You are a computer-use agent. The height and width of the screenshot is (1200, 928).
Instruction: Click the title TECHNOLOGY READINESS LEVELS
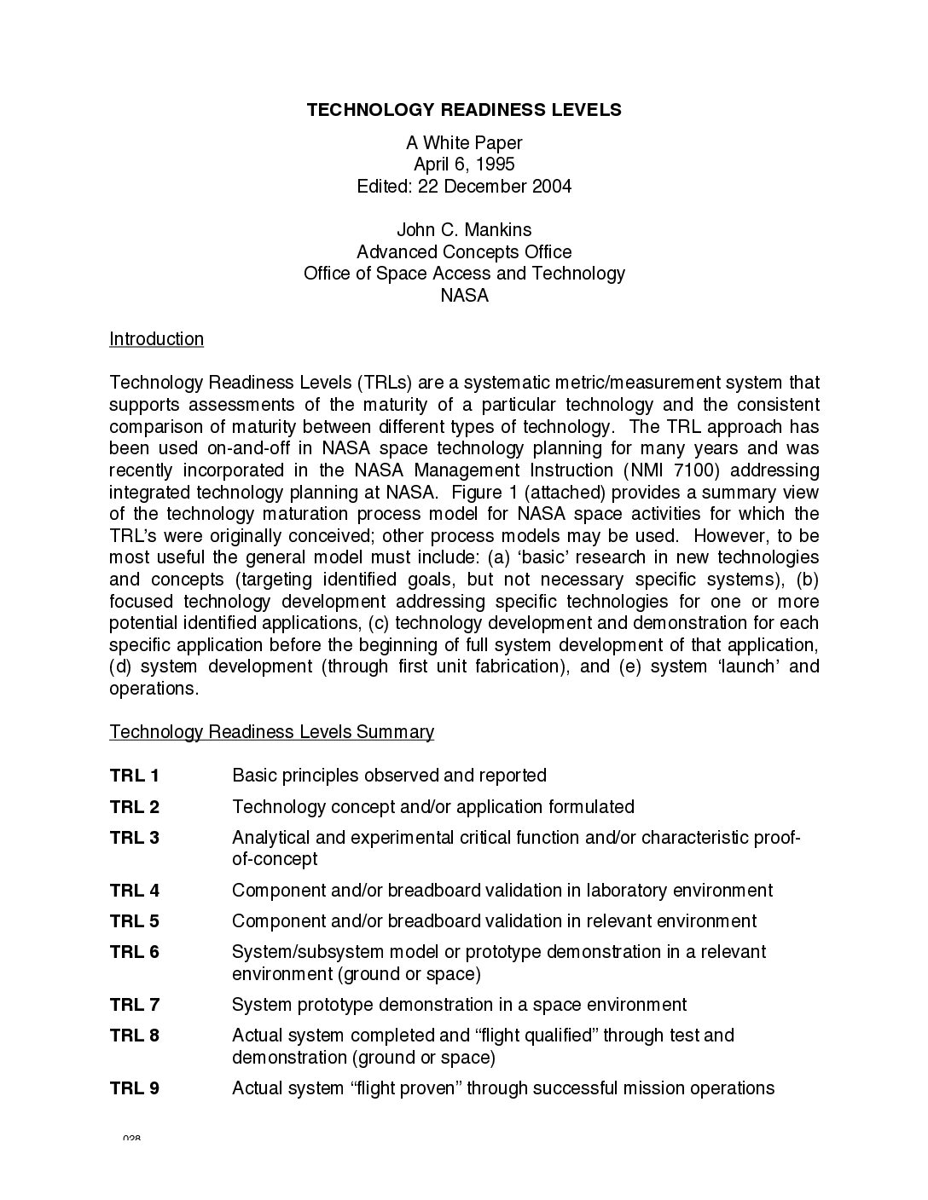click(x=464, y=110)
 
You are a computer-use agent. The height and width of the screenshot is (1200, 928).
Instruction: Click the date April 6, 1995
click(x=464, y=164)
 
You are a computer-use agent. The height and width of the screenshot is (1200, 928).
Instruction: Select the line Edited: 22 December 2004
click(x=464, y=186)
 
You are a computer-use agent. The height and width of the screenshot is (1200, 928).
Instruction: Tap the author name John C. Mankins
click(x=464, y=230)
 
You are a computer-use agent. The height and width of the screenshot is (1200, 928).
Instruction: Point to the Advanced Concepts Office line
click(x=464, y=252)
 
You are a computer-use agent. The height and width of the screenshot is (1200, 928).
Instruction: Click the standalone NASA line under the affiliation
click(x=464, y=296)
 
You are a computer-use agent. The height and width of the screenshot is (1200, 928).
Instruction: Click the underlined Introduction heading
click(x=157, y=339)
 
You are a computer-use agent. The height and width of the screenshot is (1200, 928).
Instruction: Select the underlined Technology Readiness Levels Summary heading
click(x=272, y=732)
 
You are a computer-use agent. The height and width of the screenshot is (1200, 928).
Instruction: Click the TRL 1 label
click(x=135, y=776)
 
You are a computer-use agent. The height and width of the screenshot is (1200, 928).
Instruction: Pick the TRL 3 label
click(x=135, y=838)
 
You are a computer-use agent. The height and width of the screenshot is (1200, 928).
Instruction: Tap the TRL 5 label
click(x=135, y=921)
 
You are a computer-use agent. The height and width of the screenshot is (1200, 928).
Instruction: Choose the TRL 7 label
click(x=135, y=1005)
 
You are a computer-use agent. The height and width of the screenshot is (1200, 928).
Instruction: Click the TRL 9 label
click(x=135, y=1088)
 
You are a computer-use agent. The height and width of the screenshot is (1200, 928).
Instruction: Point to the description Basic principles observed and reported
click(x=389, y=776)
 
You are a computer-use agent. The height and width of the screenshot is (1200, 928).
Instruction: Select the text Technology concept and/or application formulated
click(x=433, y=807)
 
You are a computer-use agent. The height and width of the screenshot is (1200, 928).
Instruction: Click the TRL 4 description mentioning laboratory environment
click(x=502, y=891)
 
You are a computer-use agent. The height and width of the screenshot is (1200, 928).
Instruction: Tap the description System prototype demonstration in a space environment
click(x=459, y=1005)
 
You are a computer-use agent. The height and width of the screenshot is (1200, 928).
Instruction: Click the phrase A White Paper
click(x=464, y=143)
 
